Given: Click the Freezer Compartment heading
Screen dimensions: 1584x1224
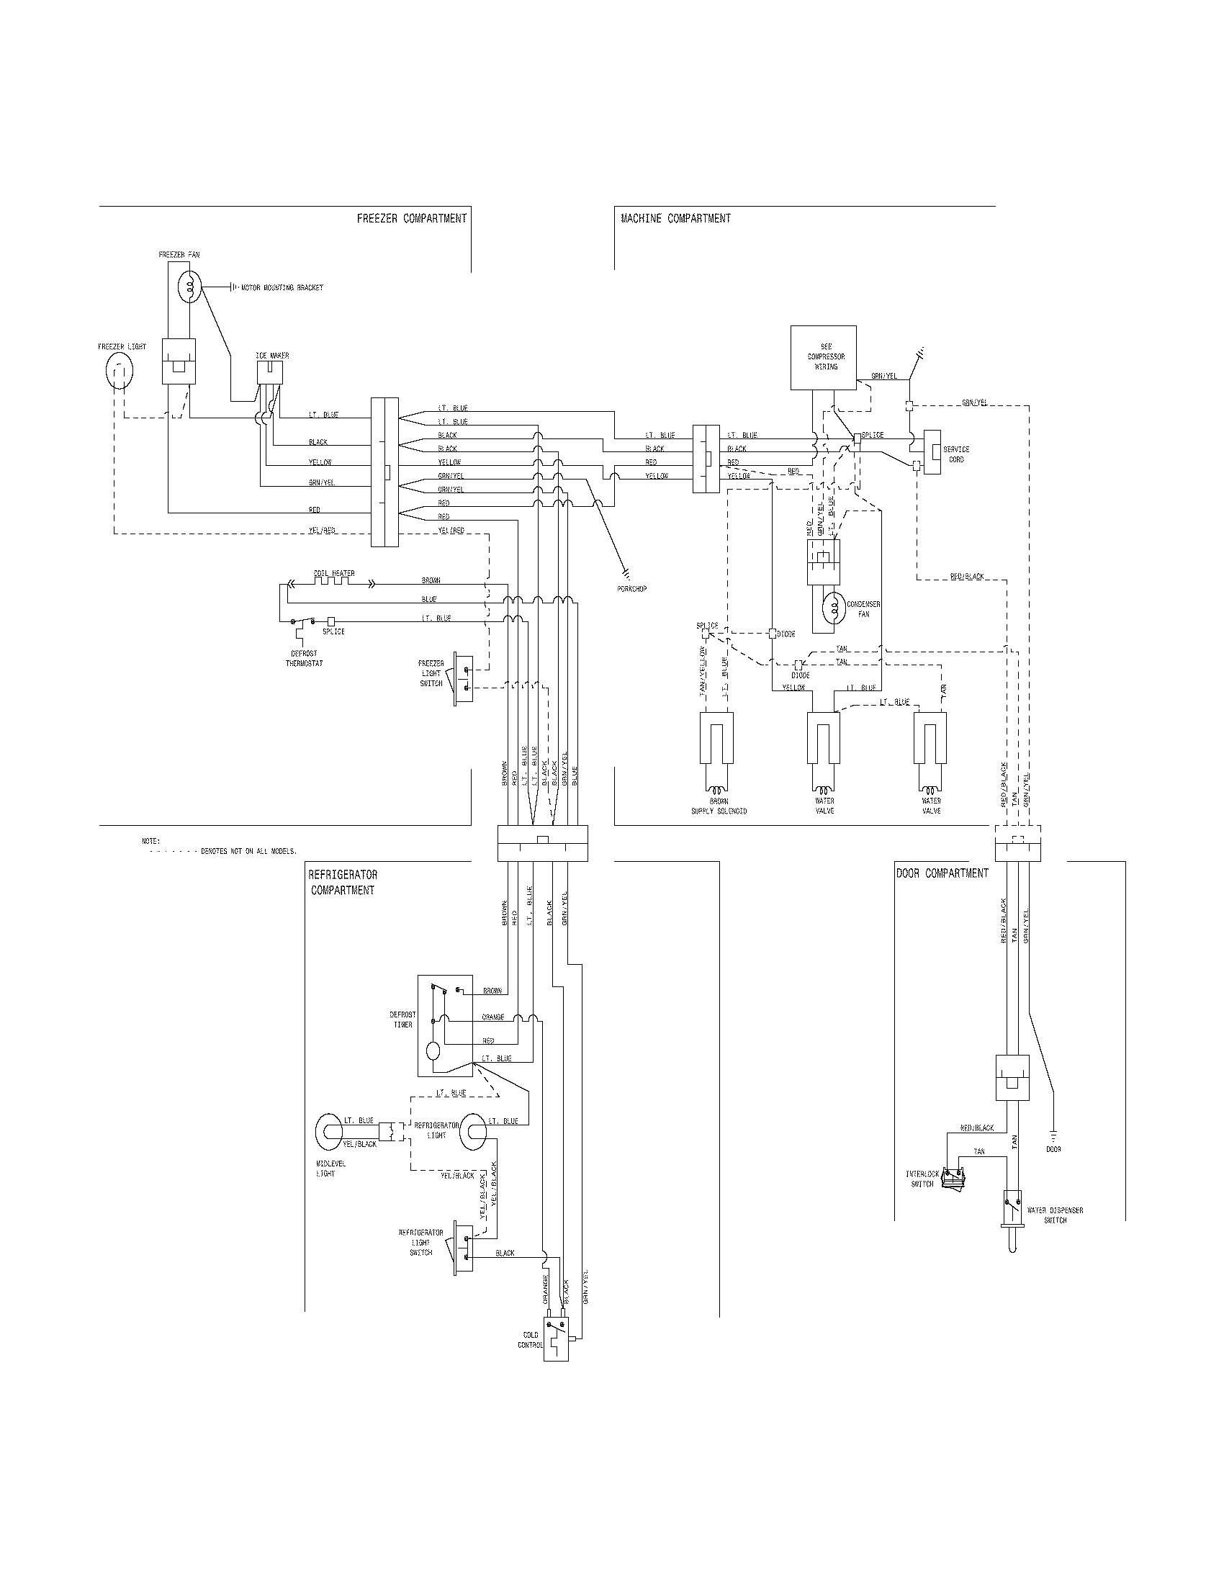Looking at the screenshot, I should pyautogui.click(x=411, y=218).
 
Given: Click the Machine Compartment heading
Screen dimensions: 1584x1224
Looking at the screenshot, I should pyautogui.click(x=676, y=218).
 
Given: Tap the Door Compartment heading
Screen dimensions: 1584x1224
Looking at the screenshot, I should pyautogui.click(x=942, y=873).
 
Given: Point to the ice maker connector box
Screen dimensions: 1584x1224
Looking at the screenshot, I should pyautogui.click(x=271, y=374).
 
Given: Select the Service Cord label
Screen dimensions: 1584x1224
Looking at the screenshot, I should pyautogui.click(x=955, y=454).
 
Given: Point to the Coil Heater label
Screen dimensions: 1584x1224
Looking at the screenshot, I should pyautogui.click(x=334, y=573).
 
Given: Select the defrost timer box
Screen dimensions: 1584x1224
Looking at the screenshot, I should pyautogui.click(x=444, y=1025).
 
